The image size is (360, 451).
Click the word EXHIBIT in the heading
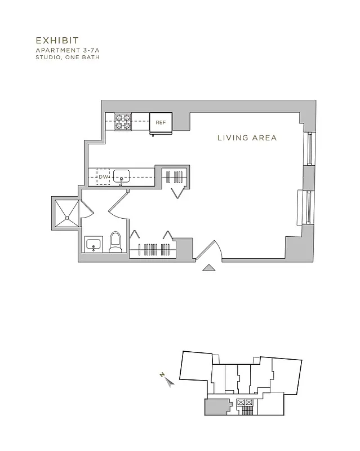57,41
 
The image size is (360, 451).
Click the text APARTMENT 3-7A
67,50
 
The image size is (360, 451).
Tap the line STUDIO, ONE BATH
67,57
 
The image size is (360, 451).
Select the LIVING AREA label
247,138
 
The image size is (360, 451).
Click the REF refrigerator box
161,122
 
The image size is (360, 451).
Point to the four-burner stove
123,121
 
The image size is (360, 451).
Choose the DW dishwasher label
103,178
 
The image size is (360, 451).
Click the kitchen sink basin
121,176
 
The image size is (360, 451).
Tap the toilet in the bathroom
115,242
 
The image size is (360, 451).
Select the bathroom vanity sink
94,245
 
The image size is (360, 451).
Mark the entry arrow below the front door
209,268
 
